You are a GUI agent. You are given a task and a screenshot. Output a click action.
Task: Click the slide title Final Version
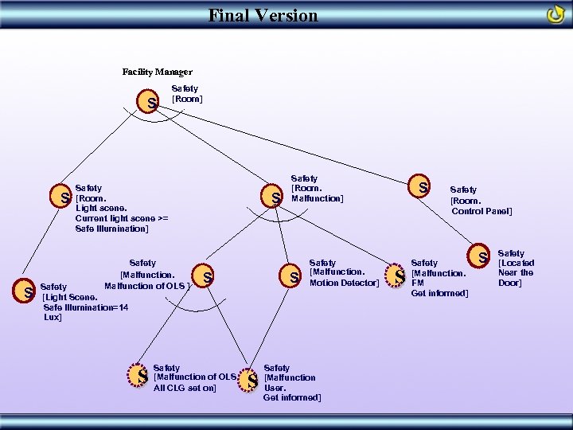263,15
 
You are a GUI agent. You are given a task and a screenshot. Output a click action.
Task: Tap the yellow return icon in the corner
555,15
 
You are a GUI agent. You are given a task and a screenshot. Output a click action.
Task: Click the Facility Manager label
157,72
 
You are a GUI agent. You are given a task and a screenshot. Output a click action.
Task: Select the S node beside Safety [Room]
151,103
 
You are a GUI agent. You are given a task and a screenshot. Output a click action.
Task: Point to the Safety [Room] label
187,94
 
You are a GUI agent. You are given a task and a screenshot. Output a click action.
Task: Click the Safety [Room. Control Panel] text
481,201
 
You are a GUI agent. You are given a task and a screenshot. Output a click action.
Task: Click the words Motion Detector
344,283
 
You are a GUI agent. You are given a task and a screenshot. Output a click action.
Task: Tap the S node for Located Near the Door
482,256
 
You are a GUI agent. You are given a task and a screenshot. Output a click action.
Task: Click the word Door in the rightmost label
509,283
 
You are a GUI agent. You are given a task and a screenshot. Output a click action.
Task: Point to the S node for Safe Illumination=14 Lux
28,294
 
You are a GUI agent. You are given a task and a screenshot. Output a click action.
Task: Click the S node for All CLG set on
142,375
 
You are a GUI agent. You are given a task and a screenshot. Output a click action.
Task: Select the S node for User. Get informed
251,381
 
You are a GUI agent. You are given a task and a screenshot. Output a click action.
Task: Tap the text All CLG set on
185,388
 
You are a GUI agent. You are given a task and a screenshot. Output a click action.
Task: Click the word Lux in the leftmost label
52,317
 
